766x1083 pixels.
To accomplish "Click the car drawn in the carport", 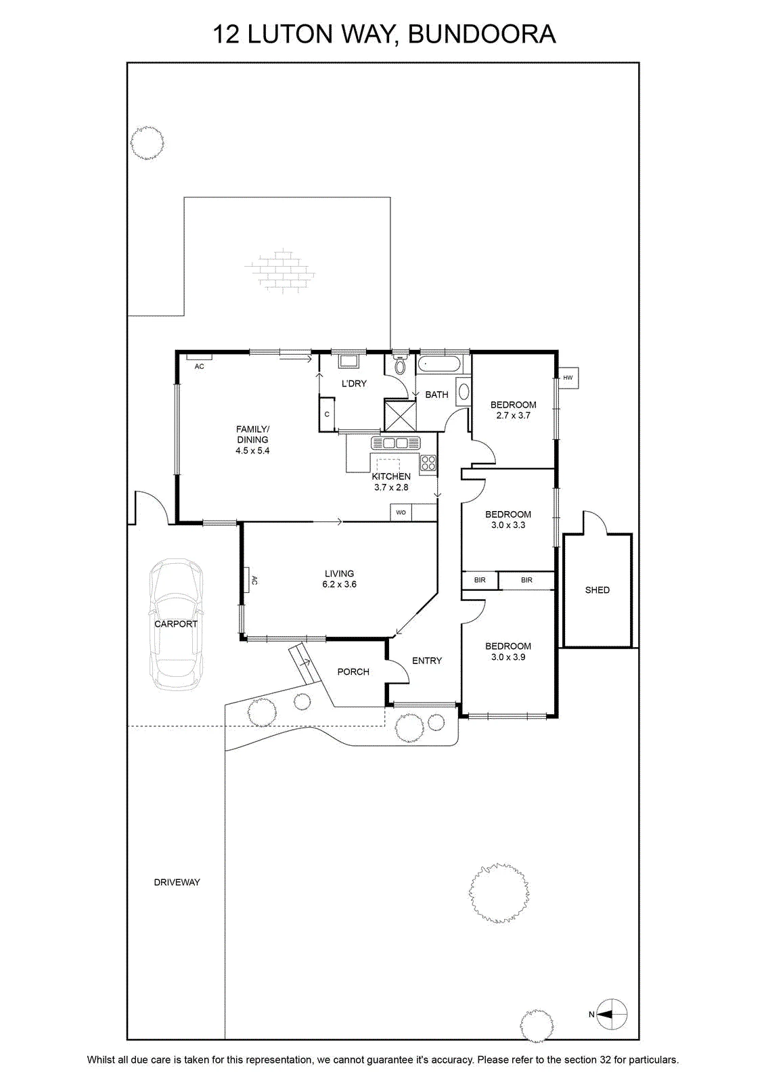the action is [176, 623].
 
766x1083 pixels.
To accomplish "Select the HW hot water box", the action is [568, 378].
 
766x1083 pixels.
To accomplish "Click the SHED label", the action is [598, 590].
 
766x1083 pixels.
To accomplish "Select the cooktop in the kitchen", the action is [428, 463].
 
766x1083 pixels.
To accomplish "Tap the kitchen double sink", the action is [396, 443].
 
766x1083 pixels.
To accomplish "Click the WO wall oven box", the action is [401, 512].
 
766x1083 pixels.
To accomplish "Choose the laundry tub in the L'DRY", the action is [348, 361].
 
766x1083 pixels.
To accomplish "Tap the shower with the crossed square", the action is [400, 415].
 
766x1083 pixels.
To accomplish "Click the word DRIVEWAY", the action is [177, 883].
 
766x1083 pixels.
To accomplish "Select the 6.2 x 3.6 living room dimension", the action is [339, 584].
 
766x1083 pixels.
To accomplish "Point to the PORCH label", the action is [353, 671].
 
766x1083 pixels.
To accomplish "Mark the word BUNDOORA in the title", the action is [482, 34].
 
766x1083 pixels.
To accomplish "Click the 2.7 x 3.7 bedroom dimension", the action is [513, 416].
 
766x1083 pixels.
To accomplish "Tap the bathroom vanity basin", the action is [463, 391].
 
